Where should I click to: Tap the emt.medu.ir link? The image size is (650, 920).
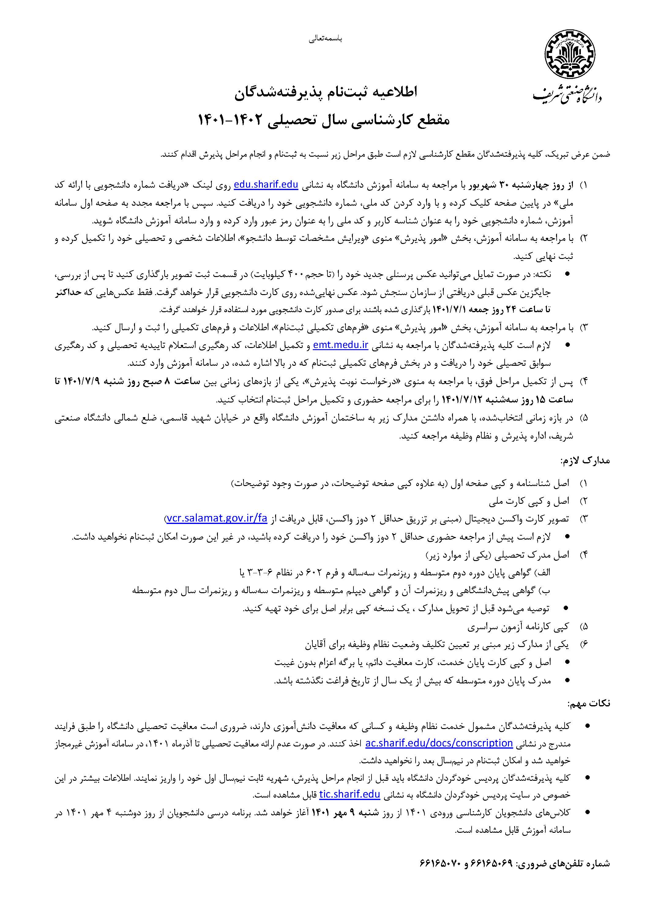tap(341, 345)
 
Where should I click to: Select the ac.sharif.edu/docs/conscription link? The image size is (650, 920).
tap(439, 743)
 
